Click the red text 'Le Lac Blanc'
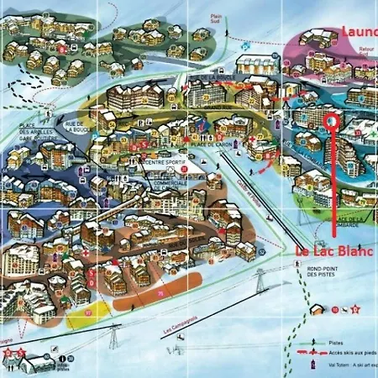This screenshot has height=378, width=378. point(334,250)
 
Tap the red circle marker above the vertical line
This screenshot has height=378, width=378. point(330,121)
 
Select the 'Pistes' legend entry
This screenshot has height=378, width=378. point(336,344)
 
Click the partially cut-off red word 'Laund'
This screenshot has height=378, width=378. point(360,32)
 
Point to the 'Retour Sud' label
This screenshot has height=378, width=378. point(366,51)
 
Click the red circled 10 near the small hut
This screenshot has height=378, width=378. point(334,309)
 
